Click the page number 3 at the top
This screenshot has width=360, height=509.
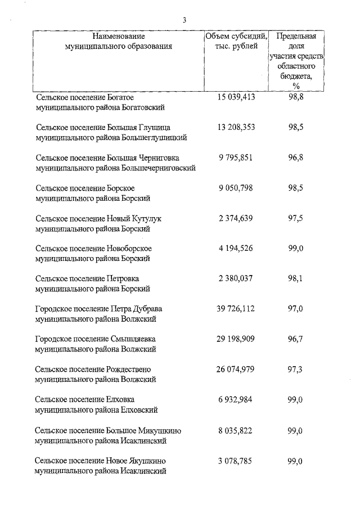(184, 20)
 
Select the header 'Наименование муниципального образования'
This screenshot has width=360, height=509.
(119, 41)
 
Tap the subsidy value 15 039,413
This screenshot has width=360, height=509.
(236, 97)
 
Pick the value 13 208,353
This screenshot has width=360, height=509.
(236, 127)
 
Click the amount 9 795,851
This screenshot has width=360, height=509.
(236, 157)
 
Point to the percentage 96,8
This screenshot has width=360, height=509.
(296, 157)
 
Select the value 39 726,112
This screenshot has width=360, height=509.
(236, 309)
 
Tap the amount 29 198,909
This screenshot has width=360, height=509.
(236, 339)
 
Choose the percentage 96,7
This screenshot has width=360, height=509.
(296, 339)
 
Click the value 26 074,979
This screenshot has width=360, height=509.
(236, 370)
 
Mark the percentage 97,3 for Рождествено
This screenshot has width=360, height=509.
(296, 370)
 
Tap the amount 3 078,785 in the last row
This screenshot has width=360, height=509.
(236, 461)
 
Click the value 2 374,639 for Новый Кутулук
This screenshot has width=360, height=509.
(236, 218)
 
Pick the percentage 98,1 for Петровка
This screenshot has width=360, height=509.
(296, 278)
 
